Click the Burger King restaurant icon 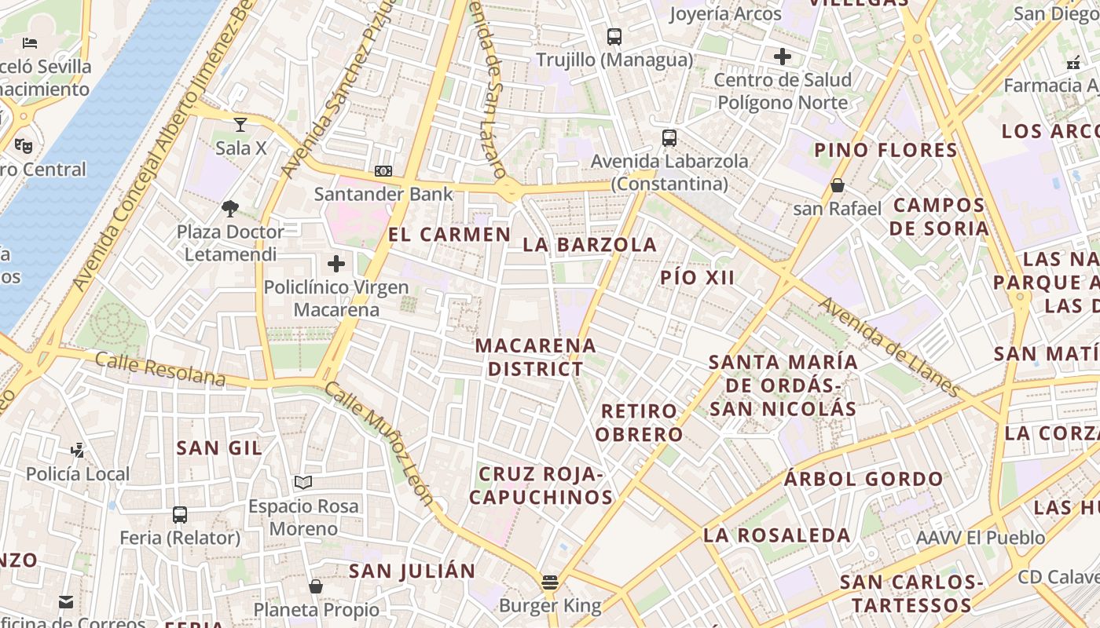pyautogui.click(x=549, y=582)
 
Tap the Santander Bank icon pyautogui.click(x=383, y=171)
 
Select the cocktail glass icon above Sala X pyautogui.click(x=240, y=124)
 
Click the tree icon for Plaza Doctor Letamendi pyautogui.click(x=230, y=208)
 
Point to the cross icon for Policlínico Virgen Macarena pyautogui.click(x=336, y=264)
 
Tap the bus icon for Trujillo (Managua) pyautogui.click(x=614, y=36)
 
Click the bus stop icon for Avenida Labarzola pyautogui.click(x=669, y=138)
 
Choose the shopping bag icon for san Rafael pyautogui.click(x=838, y=186)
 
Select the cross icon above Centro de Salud pyautogui.click(x=783, y=57)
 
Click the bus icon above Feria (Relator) pyautogui.click(x=180, y=515)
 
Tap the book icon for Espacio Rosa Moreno pyautogui.click(x=303, y=482)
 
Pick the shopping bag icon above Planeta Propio pyautogui.click(x=316, y=586)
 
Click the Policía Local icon pyautogui.click(x=77, y=451)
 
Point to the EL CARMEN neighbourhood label pyautogui.click(x=449, y=234)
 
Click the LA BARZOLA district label pyautogui.click(x=589, y=244)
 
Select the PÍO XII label pyautogui.click(x=698, y=277)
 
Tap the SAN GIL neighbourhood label pyautogui.click(x=219, y=447)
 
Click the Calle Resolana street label pyautogui.click(x=160, y=369)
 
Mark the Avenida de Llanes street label pyautogui.click(x=890, y=346)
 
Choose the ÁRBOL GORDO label pyautogui.click(x=863, y=479)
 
